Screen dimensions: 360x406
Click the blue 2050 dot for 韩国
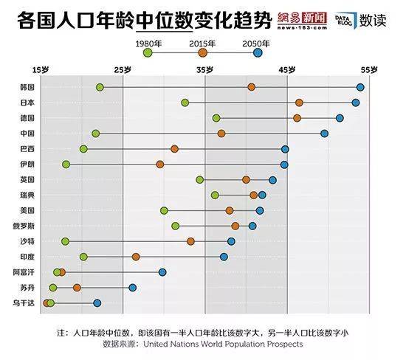pyautogui.click(x=360, y=87)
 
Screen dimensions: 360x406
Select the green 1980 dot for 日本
pyautogui.click(x=185, y=103)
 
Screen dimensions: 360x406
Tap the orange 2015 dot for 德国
pyautogui.click(x=297, y=118)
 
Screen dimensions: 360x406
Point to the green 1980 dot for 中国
pyautogui.click(x=95, y=134)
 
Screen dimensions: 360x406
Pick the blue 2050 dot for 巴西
pyautogui.click(x=285, y=149)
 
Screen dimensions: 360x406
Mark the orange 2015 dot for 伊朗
pyautogui.click(x=159, y=165)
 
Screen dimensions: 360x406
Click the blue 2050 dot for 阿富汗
pyautogui.click(x=162, y=272)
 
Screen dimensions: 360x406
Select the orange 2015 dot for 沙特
pyautogui.click(x=190, y=241)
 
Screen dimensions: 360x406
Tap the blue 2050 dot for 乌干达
pyautogui.click(x=97, y=303)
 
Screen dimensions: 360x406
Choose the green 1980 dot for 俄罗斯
pyautogui.click(x=175, y=226)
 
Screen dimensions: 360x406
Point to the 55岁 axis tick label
pyautogui.click(x=369, y=70)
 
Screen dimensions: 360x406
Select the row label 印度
pyautogui.click(x=27, y=257)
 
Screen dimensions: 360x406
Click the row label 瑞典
pyautogui.click(x=27, y=195)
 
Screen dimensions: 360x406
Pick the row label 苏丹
pyautogui.click(x=27, y=288)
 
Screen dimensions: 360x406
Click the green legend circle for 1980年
pyautogui.click(x=148, y=53)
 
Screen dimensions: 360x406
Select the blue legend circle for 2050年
pyautogui.click(x=257, y=53)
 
